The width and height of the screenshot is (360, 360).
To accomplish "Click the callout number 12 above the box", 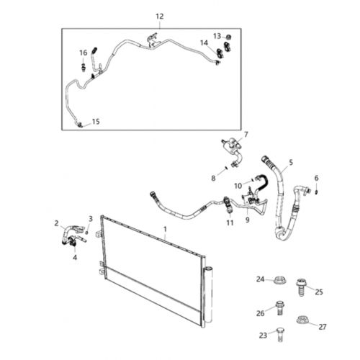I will (x=159, y=16).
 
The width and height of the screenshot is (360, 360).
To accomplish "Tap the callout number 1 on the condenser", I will (x=165, y=229).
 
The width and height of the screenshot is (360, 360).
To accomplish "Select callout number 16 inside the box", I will (x=84, y=52).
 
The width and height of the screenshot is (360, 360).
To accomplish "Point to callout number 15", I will (x=96, y=122).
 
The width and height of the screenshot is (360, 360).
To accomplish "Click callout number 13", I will (x=217, y=35).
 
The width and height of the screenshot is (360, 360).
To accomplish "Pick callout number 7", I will (x=245, y=135).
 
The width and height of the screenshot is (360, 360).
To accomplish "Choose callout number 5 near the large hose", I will (x=291, y=163).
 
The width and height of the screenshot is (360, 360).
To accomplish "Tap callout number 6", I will (x=315, y=178).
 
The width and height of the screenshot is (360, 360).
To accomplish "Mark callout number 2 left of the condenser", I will (x=56, y=223).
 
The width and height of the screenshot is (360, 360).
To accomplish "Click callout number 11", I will (x=230, y=223).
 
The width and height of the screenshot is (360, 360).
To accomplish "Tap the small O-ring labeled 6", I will (x=316, y=191).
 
